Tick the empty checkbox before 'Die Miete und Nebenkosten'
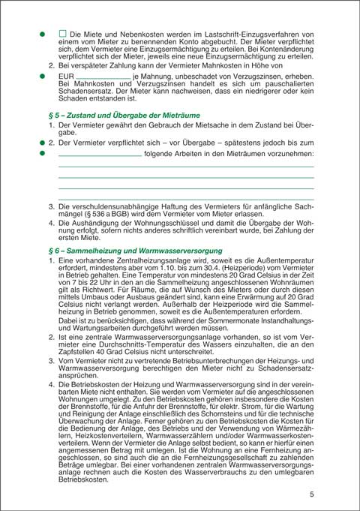[63, 35]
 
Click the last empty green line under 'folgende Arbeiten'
[185, 199]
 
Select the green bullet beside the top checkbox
[43, 35]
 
